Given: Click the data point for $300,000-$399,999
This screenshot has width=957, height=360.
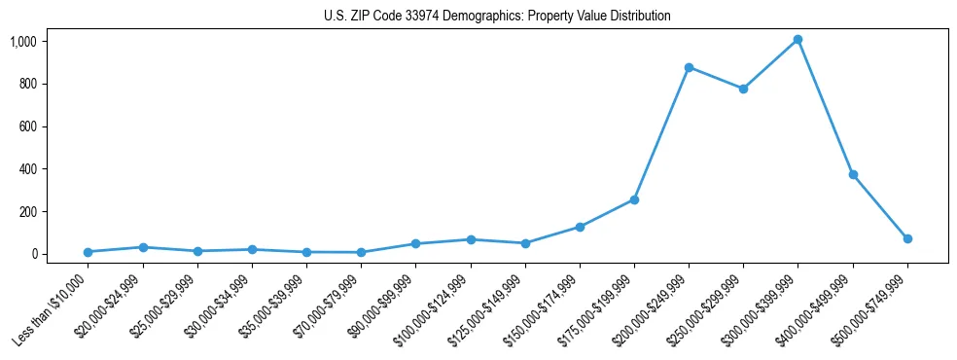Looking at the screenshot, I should point(797,40).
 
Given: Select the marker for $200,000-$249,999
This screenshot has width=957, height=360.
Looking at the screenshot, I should point(689,67).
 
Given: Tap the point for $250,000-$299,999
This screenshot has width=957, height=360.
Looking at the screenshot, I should point(743,89).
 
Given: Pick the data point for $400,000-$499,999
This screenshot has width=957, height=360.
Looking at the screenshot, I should point(853,175).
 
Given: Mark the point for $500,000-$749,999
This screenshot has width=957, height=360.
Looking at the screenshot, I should point(907,238).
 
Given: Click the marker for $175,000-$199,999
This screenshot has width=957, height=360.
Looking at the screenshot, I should point(634,199).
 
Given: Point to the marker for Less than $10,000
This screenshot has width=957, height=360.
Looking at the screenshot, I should point(88,252).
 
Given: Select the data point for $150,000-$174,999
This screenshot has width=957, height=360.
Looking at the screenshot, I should point(580,227).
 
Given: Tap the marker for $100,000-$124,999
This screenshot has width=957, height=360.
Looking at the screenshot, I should point(471,239).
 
